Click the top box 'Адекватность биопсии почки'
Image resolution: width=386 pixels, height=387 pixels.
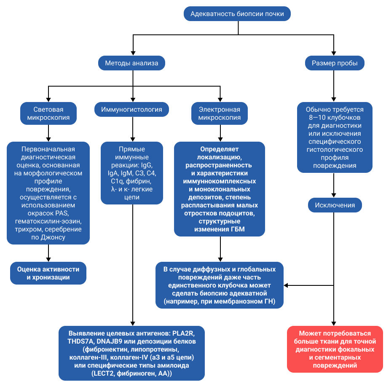coord(237,14)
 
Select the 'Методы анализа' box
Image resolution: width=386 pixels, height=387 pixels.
coord(131,64)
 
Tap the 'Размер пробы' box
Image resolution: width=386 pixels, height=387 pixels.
coord(335,64)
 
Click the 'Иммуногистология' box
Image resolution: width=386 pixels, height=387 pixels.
coord(131,110)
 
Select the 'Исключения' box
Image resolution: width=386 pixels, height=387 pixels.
coord(335,206)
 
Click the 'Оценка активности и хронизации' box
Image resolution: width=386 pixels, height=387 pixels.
coord(48,273)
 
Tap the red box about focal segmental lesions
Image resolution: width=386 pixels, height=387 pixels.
coord(335,349)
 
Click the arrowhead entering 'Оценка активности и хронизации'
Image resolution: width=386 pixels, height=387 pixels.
coord(48,259)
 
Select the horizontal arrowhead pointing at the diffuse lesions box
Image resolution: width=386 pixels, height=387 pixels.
coord(287,285)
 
